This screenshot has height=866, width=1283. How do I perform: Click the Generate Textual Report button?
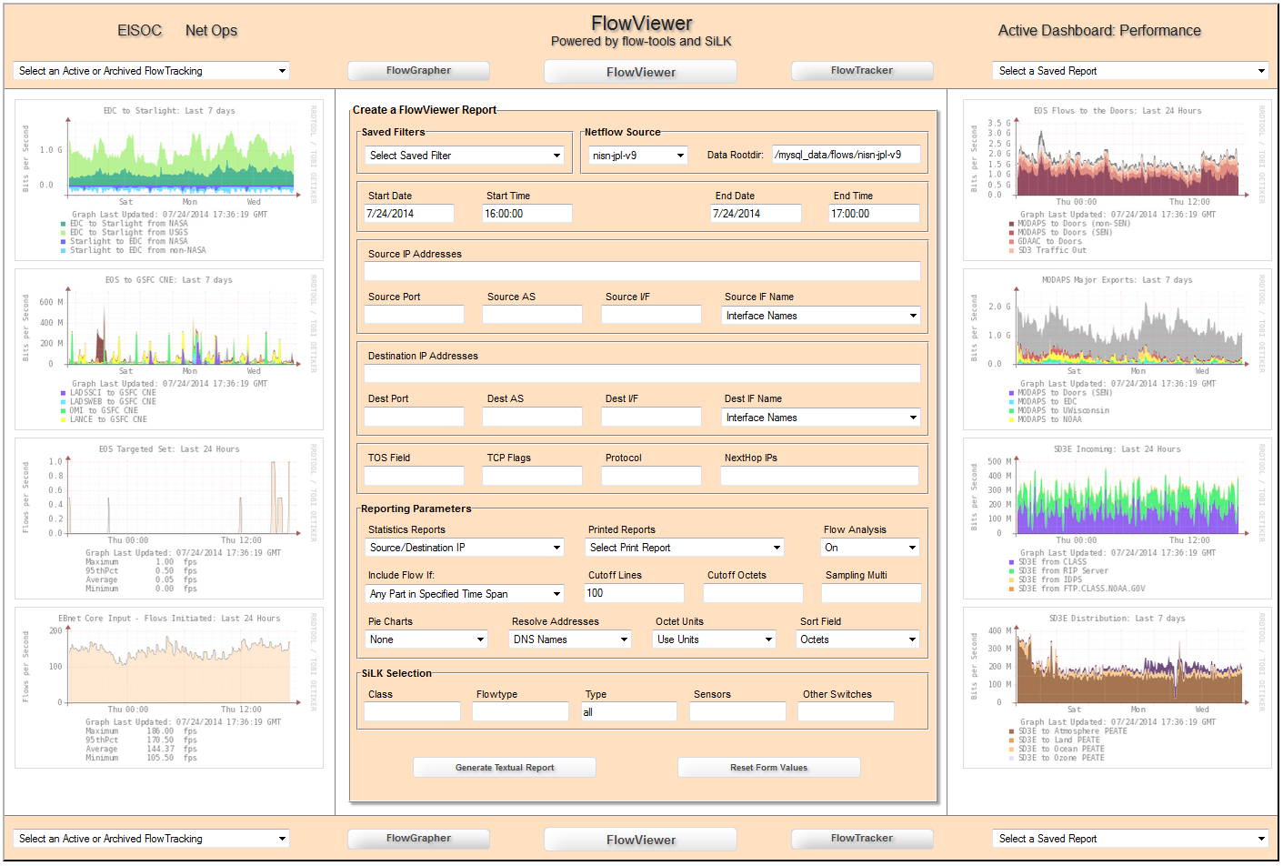coord(505,768)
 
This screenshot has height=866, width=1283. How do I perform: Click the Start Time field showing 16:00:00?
coord(527,214)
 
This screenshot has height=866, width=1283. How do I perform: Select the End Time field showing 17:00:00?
coord(874,214)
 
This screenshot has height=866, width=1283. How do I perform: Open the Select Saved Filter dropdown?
coord(465,156)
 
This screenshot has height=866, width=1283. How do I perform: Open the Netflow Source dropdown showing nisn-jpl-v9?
coord(637,156)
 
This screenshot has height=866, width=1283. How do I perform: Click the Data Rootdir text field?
coord(846,155)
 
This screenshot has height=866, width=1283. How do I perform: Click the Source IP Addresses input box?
coord(642,271)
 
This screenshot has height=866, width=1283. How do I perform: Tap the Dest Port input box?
coord(414,417)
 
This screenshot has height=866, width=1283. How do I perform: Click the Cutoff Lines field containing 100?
coord(635,593)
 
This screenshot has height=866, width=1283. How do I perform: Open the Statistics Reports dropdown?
coord(465,548)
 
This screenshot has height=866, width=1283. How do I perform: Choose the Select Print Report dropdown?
coord(685,548)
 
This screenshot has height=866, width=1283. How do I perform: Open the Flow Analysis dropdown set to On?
coord(870,548)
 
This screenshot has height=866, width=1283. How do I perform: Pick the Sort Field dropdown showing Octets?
coord(857,639)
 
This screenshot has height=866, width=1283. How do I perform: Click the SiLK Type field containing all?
coord(629,712)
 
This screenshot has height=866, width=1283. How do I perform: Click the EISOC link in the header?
coord(139,31)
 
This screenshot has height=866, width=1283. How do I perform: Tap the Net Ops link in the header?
coord(211,31)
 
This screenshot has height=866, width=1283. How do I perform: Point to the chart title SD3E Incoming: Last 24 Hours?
coord(1117,449)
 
